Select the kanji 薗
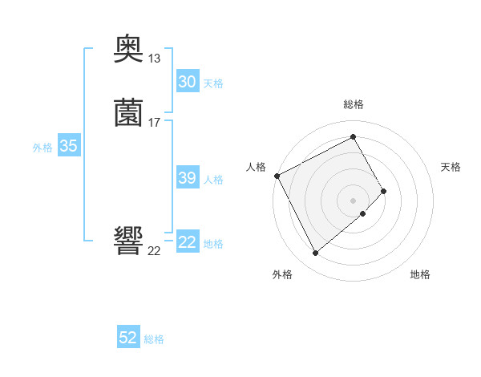(x=128, y=113)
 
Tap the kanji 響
(x=128, y=241)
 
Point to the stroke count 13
(x=155, y=59)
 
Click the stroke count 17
(x=155, y=122)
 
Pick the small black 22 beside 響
(x=155, y=250)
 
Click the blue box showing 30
(x=187, y=82)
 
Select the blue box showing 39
(x=187, y=178)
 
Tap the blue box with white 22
(x=187, y=242)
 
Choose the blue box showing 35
(x=68, y=146)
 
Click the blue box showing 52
(x=128, y=338)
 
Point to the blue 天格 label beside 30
(x=213, y=83)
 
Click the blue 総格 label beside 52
(x=154, y=339)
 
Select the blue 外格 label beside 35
(x=42, y=147)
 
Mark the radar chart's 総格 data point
(x=354, y=136)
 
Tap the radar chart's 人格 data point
(x=277, y=176)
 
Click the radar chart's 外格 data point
(x=315, y=253)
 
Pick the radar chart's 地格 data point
(x=363, y=213)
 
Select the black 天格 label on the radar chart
(x=451, y=167)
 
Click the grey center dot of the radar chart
(x=354, y=200)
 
